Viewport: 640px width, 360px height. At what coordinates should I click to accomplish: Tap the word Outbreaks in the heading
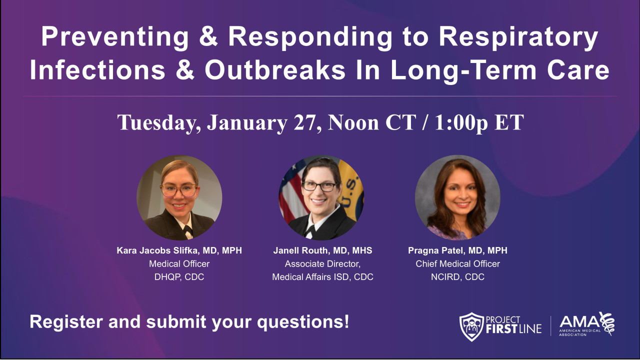pos(274,71)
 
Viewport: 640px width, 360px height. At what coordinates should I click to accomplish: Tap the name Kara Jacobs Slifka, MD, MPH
pos(179,251)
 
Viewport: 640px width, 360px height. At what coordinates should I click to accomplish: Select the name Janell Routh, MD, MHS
pos(322,251)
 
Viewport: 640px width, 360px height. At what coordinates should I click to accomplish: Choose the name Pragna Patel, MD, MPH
pos(457,251)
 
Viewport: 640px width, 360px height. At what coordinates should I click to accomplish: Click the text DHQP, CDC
pos(179,277)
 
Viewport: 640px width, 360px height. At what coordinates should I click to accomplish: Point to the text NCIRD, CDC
pos(457,277)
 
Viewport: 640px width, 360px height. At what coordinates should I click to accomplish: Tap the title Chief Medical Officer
pos(457,264)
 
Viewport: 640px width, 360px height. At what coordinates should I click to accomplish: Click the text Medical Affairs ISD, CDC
pos(322,277)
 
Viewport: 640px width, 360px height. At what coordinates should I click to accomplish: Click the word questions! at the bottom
pos(303,322)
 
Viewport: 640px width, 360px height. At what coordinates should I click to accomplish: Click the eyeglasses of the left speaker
pos(178,190)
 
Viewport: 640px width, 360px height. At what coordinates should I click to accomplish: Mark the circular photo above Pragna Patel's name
pos(457,197)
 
